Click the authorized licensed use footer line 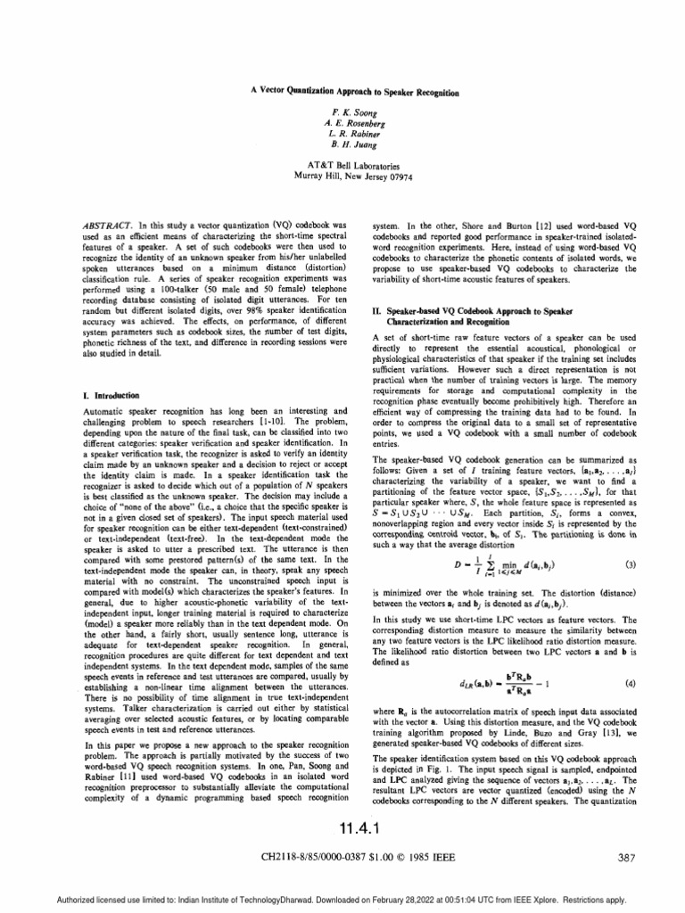coord(342,898)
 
